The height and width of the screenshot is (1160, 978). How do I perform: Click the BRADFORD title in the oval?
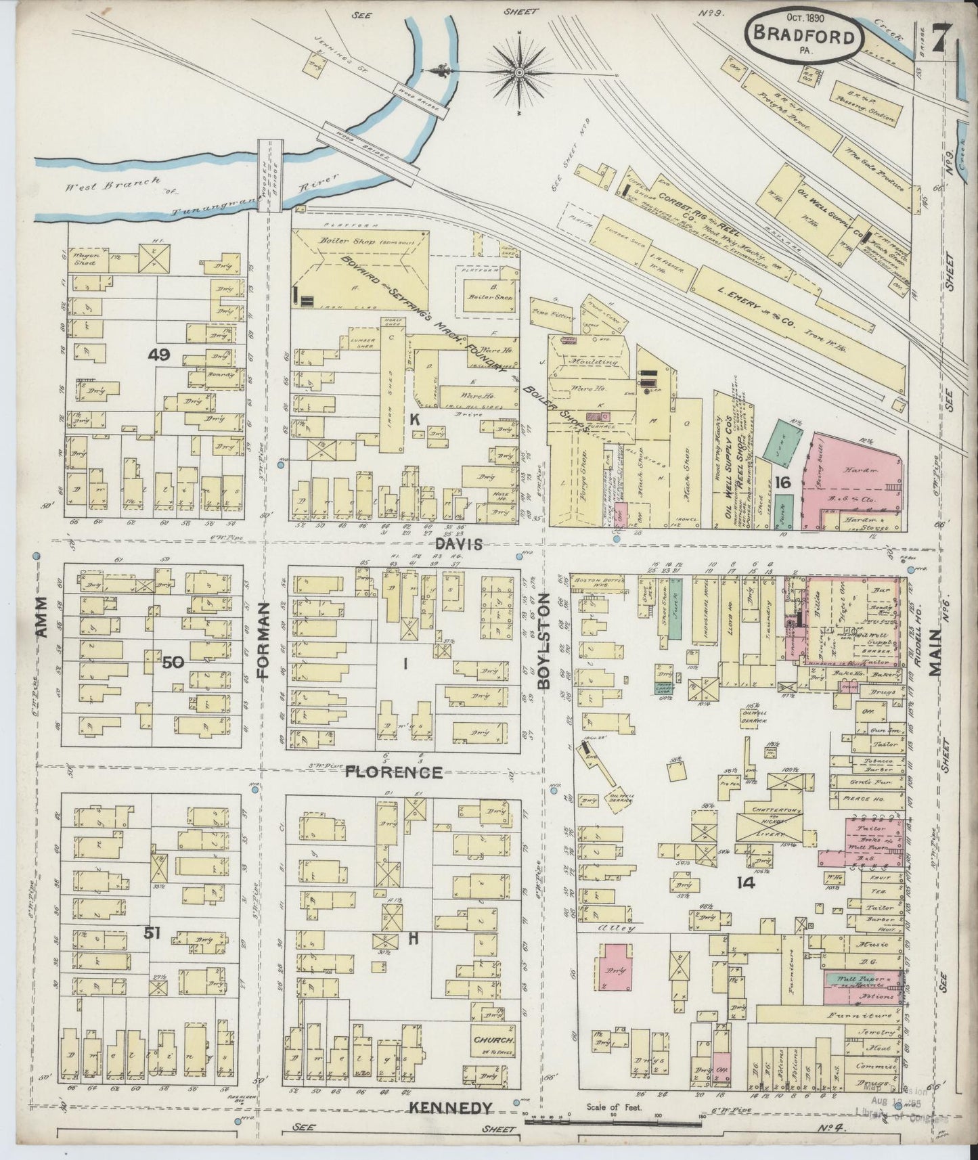[805, 36]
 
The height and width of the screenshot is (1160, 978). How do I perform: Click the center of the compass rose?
[519, 71]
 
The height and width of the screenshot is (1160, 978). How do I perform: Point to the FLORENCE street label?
[394, 772]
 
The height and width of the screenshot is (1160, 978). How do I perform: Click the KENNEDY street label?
[450, 1108]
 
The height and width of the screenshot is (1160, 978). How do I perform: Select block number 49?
[162, 354]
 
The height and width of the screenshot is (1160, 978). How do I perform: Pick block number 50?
[173, 662]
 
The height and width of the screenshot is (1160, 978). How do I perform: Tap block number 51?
[152, 933]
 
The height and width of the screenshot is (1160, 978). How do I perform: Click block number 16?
[783, 483]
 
